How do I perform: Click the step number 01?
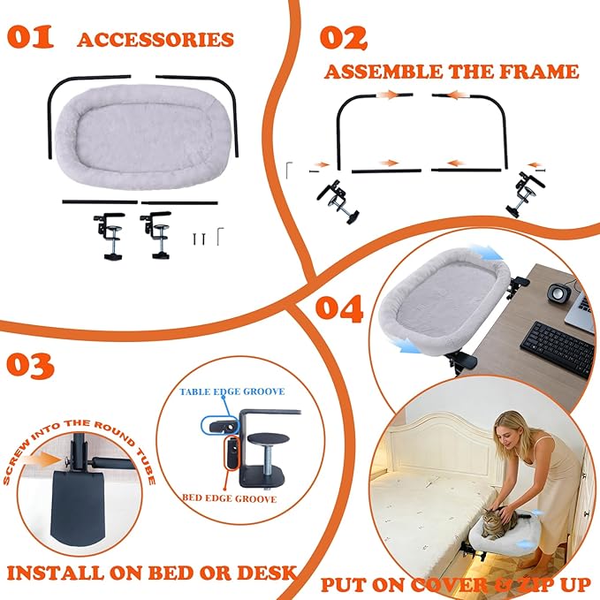click(30, 37)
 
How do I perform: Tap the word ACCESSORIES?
click(156, 40)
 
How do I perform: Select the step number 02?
click(343, 38)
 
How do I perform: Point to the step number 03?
click(30, 366)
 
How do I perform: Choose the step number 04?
click(339, 308)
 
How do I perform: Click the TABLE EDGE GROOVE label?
click(232, 391)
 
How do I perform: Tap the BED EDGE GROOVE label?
click(229, 498)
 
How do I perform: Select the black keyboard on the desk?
click(557, 348)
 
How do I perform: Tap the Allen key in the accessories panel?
click(220, 237)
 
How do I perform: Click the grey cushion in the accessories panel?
click(142, 137)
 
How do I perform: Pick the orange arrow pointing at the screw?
click(45, 459)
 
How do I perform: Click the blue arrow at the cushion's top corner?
click(487, 253)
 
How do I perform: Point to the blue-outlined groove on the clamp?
click(220, 425)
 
